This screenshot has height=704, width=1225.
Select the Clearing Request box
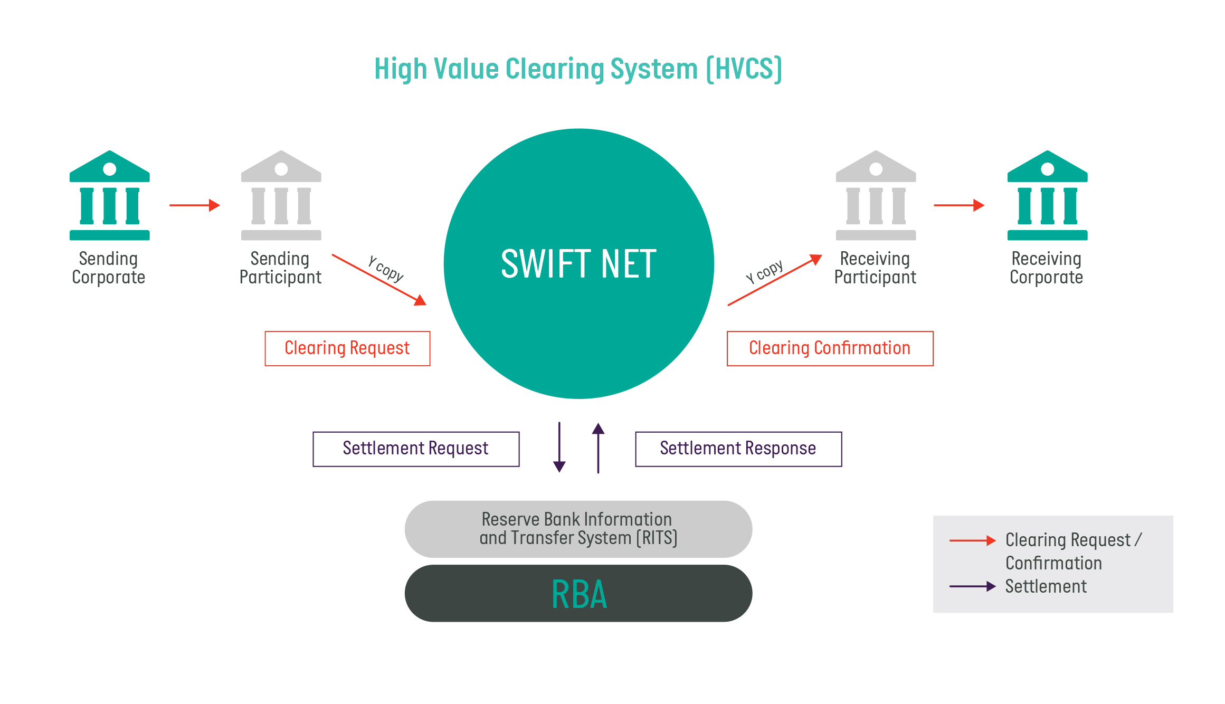tap(347, 348)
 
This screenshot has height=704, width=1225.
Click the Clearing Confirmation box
tap(830, 348)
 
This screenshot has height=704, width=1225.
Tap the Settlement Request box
tap(416, 449)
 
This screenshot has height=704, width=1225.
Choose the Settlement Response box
tap(738, 449)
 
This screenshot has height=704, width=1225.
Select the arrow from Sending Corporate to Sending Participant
tap(194, 205)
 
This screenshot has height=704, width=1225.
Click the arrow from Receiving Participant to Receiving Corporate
tap(958, 205)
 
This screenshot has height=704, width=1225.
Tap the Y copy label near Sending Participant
tap(386, 269)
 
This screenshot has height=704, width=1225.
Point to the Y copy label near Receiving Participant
tap(764, 271)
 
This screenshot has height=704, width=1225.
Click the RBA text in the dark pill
tap(579, 595)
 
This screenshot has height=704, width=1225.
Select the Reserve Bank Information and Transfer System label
tap(578, 529)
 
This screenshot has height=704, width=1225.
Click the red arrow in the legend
tap(972, 540)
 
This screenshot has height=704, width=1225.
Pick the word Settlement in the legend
tap(1046, 586)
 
